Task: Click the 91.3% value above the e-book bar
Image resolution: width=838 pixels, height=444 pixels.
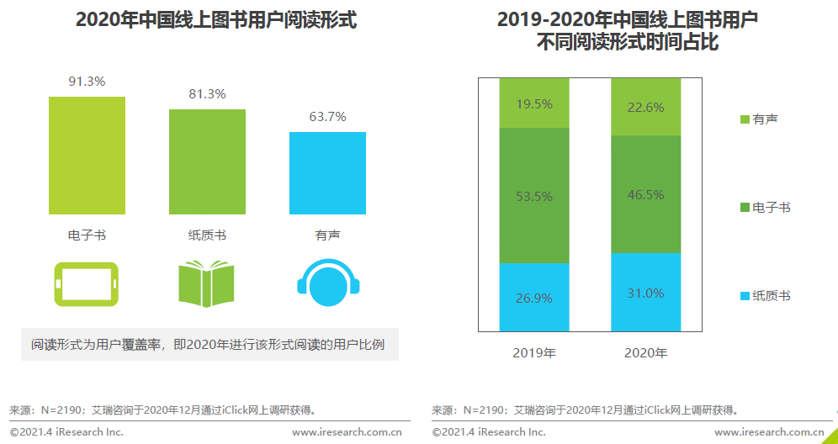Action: (87, 82)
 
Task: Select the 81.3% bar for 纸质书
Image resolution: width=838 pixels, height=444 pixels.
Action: (207, 161)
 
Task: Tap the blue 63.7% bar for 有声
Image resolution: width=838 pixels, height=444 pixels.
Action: (327, 172)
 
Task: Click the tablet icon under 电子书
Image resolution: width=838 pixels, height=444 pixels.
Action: (87, 283)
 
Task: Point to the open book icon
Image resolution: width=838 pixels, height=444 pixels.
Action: (207, 283)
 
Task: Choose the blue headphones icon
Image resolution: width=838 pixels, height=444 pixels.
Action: (328, 280)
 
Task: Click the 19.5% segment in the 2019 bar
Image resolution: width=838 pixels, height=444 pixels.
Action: (533, 103)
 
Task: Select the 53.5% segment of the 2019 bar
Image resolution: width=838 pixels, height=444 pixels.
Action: (533, 196)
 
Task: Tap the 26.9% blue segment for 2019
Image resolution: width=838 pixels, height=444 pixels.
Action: (533, 297)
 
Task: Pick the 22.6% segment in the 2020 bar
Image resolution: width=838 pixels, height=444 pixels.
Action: (645, 107)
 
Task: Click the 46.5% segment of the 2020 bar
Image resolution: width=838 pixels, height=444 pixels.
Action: (645, 194)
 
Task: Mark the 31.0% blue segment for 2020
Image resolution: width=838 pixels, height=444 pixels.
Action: (645, 293)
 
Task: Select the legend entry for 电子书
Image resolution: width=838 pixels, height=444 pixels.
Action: (765, 208)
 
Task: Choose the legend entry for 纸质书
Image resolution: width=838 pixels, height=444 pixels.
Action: (765, 296)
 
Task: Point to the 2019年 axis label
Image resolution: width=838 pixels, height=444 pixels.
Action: (534, 352)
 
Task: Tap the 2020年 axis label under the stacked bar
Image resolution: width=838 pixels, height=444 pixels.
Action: (645, 352)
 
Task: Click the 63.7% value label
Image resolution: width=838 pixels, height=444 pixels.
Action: (327, 117)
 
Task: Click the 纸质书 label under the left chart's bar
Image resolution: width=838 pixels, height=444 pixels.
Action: (207, 235)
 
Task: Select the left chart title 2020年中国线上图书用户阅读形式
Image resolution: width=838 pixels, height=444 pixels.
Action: (216, 20)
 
